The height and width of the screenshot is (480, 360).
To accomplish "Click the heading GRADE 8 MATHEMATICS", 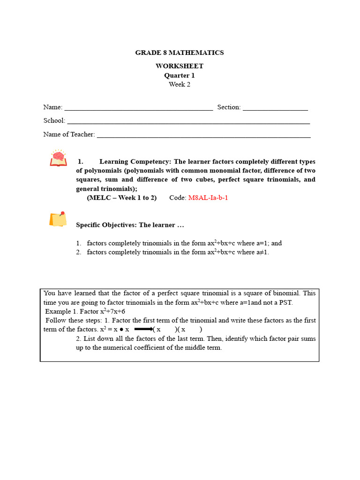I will [180, 52].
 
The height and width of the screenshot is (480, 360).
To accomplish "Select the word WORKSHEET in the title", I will [180, 66].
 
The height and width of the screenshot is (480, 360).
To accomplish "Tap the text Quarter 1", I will [180, 75].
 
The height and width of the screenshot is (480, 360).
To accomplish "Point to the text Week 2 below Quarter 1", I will [180, 84].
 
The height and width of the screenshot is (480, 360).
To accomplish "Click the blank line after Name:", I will [138, 108].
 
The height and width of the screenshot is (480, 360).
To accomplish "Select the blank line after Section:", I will [275, 108].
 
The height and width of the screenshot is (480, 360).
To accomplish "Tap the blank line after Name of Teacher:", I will [203, 135].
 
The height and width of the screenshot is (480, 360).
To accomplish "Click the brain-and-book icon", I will [59, 158].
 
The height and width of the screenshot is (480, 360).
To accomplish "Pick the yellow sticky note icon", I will [58, 219].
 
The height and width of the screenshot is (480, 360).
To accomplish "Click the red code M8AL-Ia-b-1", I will [208, 198].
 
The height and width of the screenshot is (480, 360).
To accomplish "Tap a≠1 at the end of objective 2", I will [263, 252].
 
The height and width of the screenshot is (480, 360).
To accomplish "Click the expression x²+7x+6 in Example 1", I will [112, 312].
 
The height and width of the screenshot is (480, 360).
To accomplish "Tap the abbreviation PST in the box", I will [285, 303].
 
